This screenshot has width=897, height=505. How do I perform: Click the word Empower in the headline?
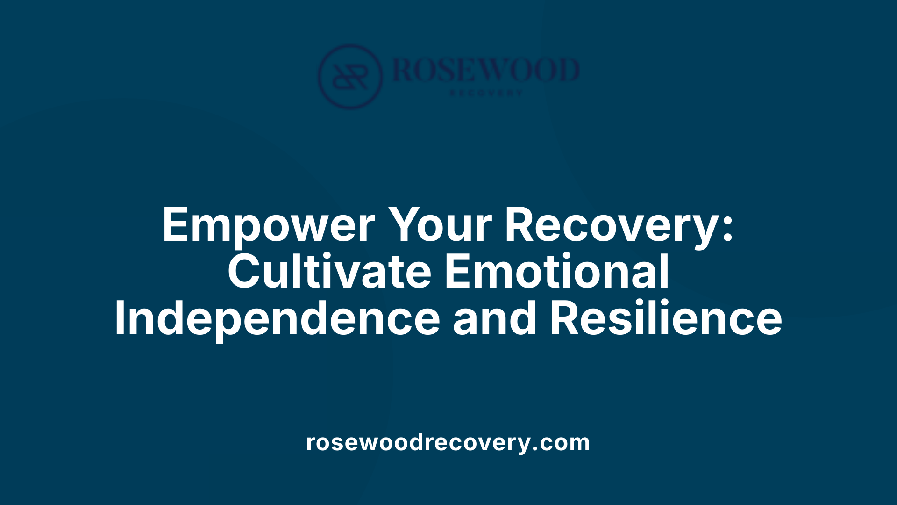pyautogui.click(x=268, y=225)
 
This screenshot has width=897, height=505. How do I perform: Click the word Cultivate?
pyautogui.click(x=329, y=272)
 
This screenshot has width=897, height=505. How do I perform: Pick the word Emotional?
pyautogui.click(x=557, y=272)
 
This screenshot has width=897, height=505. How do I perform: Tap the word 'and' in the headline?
pyautogui.click(x=495, y=319)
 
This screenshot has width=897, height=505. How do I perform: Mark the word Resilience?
pyautogui.click(x=666, y=319)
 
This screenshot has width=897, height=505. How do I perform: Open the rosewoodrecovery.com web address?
pyautogui.click(x=448, y=442)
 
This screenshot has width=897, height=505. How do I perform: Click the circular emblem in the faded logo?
pyautogui.click(x=350, y=77)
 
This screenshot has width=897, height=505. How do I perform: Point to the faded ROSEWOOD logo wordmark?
pyautogui.click(x=486, y=70)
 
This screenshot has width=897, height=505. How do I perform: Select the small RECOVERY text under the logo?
pyautogui.click(x=486, y=93)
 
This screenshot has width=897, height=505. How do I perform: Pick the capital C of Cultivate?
pyautogui.click(x=243, y=272)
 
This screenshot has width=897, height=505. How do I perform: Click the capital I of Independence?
pyautogui.click(x=120, y=319)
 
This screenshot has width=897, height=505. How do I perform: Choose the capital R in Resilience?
pyautogui.click(x=564, y=319)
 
